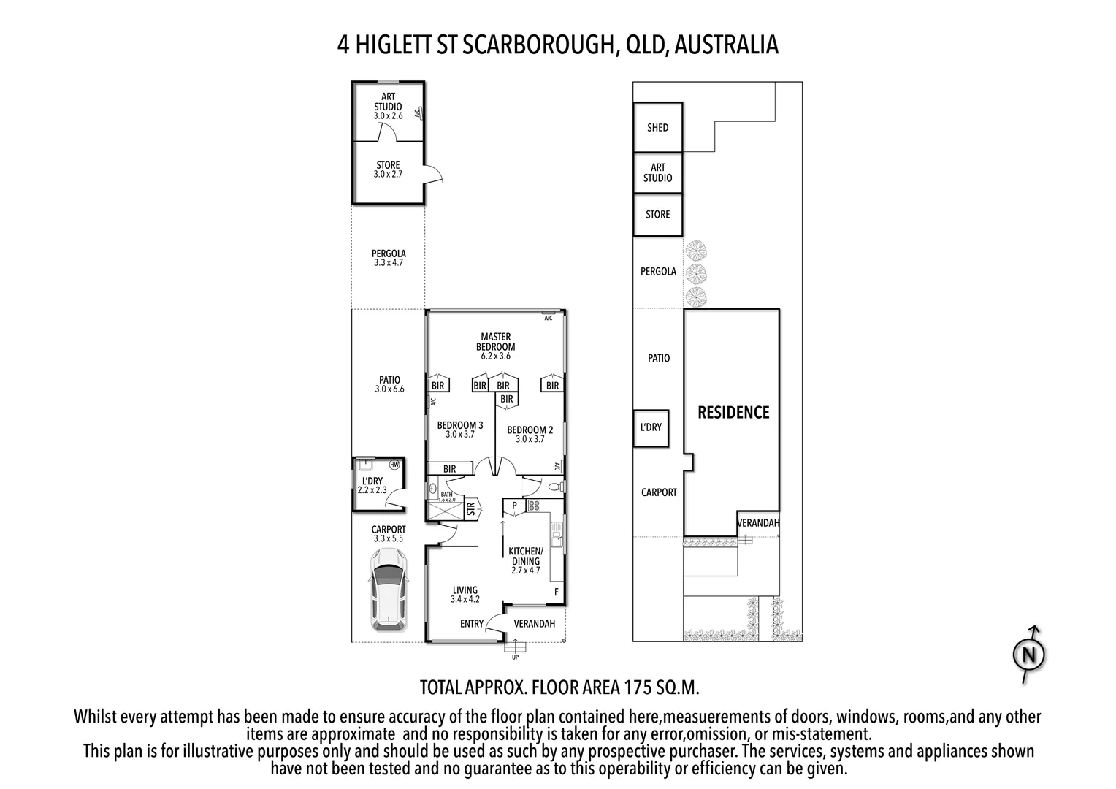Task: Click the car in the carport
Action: point(388,590)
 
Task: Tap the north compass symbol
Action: point(1029,655)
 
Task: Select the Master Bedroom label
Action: point(495,342)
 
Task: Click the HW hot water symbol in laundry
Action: point(394,465)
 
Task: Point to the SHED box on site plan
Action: point(657,127)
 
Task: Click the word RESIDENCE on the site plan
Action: point(733,413)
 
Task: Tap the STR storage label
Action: point(471,507)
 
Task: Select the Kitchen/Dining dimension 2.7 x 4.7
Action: point(525,571)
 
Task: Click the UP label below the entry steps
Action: point(515,657)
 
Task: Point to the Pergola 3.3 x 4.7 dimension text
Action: point(389,263)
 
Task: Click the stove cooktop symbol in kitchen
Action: point(533,505)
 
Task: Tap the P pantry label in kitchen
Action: point(513,506)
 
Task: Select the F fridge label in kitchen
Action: point(556,592)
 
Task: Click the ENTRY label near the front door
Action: point(472,624)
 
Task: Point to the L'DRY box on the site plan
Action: point(650,427)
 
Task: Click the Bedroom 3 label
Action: point(460,425)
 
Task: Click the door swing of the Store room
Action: point(435,174)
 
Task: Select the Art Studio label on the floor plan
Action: point(388,102)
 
